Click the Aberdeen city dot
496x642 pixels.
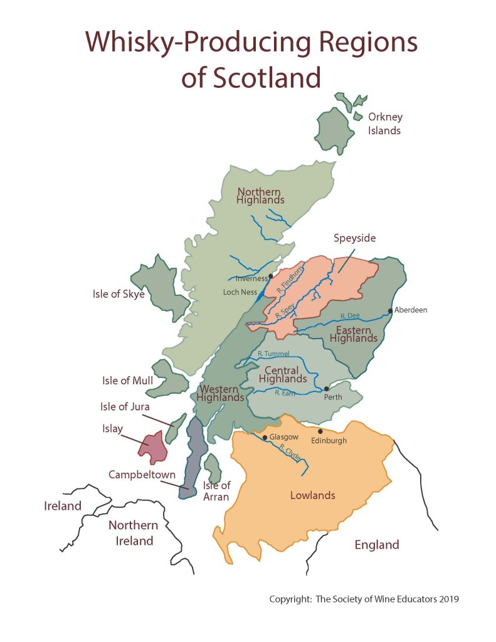(x=390, y=310)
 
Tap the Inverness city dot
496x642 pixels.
(x=270, y=276)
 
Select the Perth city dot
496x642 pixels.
(x=326, y=389)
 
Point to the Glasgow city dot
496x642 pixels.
(x=264, y=438)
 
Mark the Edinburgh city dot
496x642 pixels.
(x=320, y=431)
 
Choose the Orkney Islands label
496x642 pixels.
(x=385, y=124)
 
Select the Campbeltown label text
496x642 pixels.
(x=142, y=475)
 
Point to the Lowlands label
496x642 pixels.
(x=312, y=495)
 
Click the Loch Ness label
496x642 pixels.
(x=240, y=292)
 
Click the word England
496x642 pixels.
(x=376, y=544)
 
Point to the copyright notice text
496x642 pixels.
(x=364, y=599)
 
